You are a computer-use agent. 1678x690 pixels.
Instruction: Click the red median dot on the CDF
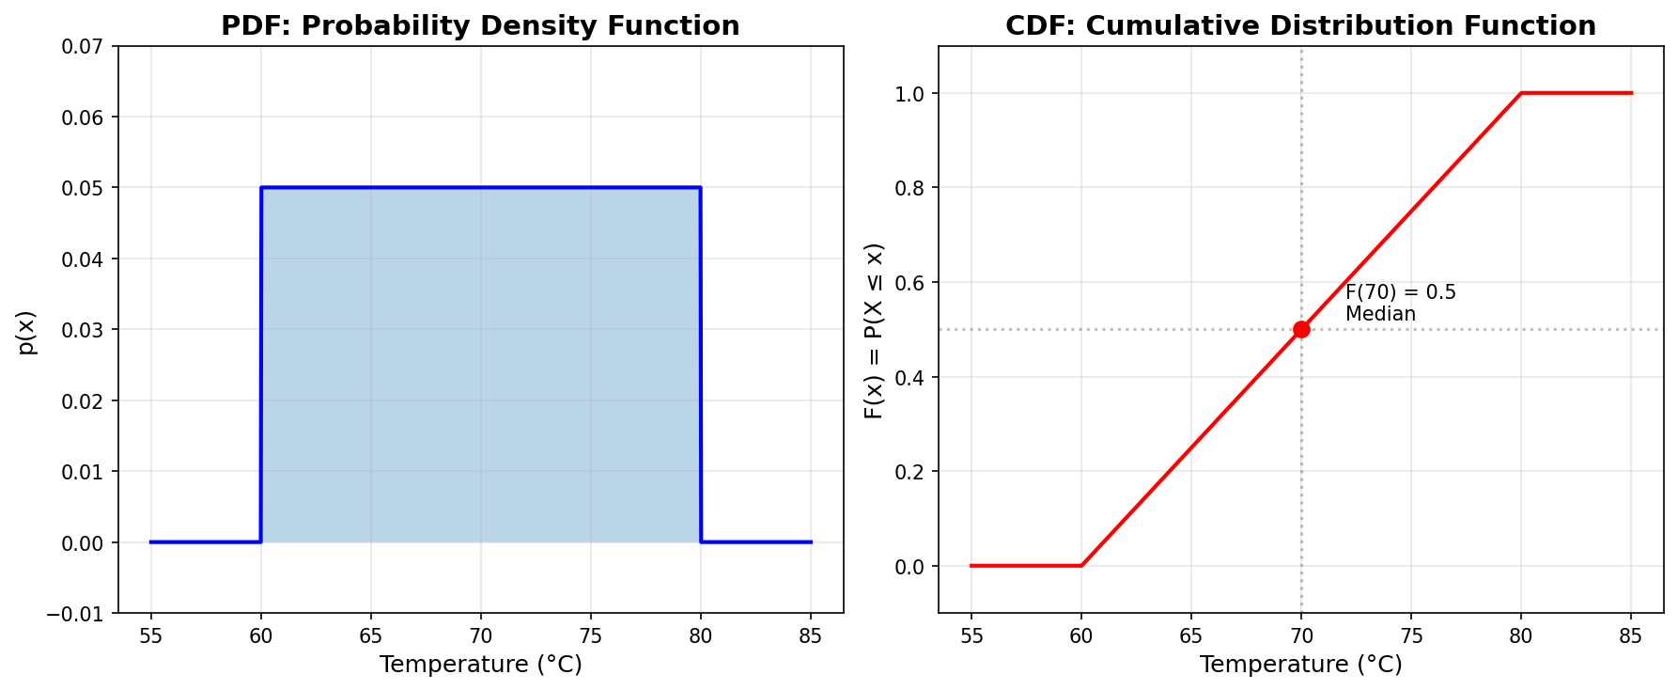click(1301, 329)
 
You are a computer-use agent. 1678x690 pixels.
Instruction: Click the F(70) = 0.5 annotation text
click(1400, 292)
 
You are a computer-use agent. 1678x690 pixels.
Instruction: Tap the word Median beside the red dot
click(1380, 314)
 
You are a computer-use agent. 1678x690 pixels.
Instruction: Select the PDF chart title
click(480, 25)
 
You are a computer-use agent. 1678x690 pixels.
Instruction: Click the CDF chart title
click(1300, 25)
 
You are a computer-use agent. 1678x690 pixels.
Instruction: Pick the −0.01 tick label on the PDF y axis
click(85, 614)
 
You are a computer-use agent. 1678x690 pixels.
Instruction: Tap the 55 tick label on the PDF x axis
click(150, 636)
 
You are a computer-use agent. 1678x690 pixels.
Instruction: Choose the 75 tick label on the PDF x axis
click(590, 636)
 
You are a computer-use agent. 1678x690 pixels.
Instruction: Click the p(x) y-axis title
click(26, 332)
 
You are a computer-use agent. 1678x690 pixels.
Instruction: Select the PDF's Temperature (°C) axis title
click(480, 665)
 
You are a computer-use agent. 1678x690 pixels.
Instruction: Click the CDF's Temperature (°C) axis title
click(1300, 665)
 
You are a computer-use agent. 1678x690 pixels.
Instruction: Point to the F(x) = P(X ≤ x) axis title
click(875, 331)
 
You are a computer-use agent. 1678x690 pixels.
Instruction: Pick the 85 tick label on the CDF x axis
click(1630, 636)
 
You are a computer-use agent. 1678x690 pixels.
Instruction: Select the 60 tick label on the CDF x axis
click(1081, 636)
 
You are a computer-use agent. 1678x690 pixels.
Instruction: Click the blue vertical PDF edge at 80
click(700, 367)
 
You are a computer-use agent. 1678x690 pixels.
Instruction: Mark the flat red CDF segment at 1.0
click(1577, 93)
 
